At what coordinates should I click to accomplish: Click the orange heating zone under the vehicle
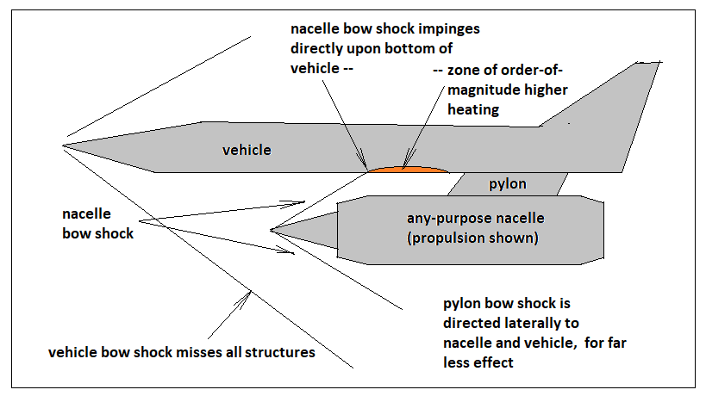pyautogui.click(x=408, y=170)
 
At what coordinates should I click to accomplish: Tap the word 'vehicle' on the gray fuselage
pyautogui.click(x=247, y=150)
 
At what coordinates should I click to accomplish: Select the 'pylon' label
pyautogui.click(x=508, y=184)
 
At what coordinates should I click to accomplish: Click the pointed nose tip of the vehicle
pyautogui.click(x=63, y=145)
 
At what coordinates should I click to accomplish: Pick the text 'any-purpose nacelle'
pyautogui.click(x=476, y=218)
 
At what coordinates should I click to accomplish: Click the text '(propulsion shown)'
pyautogui.click(x=472, y=238)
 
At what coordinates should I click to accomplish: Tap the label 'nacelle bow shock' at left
pyautogui.click(x=97, y=224)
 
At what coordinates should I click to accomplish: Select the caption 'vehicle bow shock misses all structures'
pyautogui.click(x=181, y=352)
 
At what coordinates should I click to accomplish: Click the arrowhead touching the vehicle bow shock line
pyautogui.click(x=247, y=297)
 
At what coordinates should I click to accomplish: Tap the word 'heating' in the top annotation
pyautogui.click(x=473, y=109)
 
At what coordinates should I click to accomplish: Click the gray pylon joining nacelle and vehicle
pyautogui.click(x=508, y=184)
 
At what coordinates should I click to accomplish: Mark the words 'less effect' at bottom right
pyautogui.click(x=478, y=362)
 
